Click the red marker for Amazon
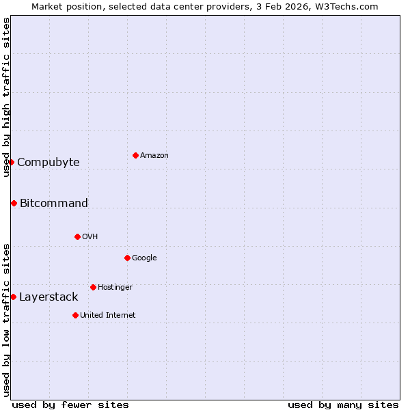click(135, 155)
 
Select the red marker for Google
click(127, 258)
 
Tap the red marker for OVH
click(77, 236)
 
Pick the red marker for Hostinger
click(93, 287)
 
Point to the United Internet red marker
click(75, 315)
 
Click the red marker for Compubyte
click(11, 162)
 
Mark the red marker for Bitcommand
click(14, 203)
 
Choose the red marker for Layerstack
click(13, 297)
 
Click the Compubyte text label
click(49, 163)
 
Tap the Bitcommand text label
click(54, 204)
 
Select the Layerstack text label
click(49, 297)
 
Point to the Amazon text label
click(154, 156)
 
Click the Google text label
click(144, 258)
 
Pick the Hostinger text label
click(115, 288)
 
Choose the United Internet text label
click(108, 316)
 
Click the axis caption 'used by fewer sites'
click(70, 405)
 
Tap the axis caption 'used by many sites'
click(343, 405)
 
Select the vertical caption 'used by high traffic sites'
click(6, 97)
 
